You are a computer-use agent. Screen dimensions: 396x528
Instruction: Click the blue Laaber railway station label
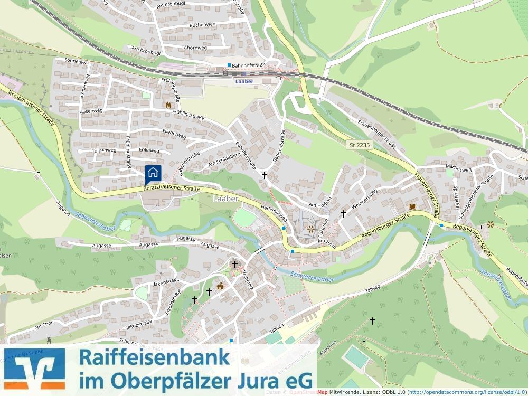(244, 81)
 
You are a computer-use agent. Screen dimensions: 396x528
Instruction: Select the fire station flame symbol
(168, 105)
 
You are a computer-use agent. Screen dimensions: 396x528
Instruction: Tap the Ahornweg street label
(195, 48)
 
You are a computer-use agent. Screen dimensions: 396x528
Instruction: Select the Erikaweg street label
(149, 150)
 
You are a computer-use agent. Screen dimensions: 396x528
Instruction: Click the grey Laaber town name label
(227, 199)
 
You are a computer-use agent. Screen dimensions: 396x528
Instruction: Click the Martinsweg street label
(458, 169)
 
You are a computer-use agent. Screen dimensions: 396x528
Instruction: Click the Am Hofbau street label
(319, 205)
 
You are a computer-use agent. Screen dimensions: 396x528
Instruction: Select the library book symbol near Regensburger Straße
(412, 206)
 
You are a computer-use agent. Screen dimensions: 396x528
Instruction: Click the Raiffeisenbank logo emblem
(34, 369)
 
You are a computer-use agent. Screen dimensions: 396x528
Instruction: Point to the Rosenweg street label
(90, 111)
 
